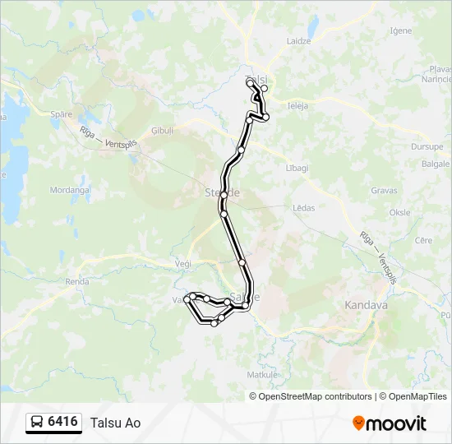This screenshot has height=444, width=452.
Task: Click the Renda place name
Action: point(77,281)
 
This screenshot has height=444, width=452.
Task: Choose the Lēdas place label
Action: point(304,208)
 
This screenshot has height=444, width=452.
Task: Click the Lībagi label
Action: point(296,168)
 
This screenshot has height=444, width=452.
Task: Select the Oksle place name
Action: point(400,212)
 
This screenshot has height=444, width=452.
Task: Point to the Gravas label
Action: point(384,191)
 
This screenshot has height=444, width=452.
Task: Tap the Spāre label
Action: point(61,114)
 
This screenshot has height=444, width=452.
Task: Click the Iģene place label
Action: point(401,30)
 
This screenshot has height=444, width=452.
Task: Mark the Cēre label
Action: point(424,240)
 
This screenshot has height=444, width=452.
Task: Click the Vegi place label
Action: point(182,263)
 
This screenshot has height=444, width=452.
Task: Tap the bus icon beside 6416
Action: point(36,423)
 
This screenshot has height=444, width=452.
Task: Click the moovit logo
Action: point(390,423)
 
